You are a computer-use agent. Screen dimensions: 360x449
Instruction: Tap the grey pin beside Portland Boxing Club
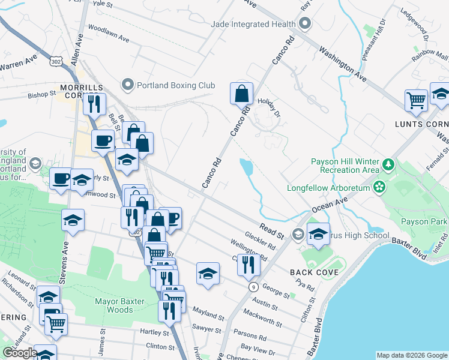point(127,85)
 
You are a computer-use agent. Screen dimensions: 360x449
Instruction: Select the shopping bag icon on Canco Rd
point(241,94)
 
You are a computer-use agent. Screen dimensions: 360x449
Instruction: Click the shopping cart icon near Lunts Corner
point(416,100)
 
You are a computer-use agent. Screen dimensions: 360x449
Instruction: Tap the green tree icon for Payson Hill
point(388,164)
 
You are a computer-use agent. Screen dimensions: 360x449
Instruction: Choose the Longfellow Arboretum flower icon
point(379,187)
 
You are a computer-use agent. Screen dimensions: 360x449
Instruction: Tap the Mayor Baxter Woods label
point(122,305)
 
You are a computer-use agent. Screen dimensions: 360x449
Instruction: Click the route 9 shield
point(253,287)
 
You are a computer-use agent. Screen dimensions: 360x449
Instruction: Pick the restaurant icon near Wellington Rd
point(247,264)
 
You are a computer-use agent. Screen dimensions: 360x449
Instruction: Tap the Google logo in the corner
point(20,353)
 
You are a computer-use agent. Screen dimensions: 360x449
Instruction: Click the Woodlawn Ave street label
point(109,33)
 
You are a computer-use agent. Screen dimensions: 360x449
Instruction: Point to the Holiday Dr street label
point(270,106)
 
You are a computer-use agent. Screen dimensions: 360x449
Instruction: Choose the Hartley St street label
point(152,332)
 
